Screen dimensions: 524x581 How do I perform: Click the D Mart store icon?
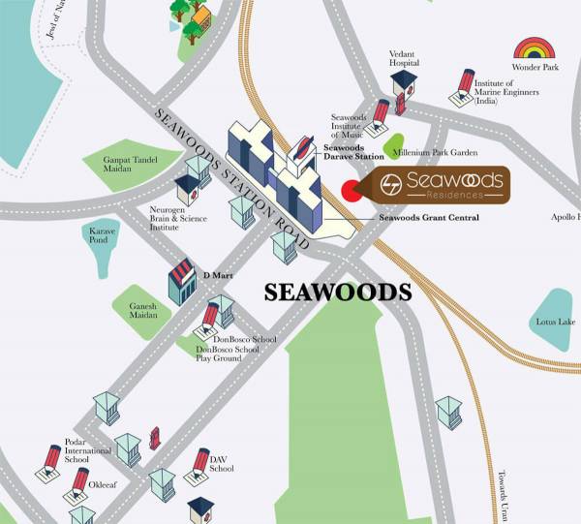tap(182, 281)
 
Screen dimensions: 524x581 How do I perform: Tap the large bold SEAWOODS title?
tap(339, 292)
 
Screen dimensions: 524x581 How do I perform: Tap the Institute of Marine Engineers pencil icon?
tap(465, 86)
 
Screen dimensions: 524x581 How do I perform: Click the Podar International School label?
tap(82, 450)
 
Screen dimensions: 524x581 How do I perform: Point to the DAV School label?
tap(222, 464)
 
